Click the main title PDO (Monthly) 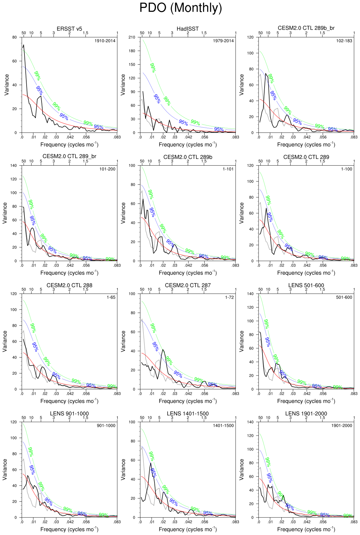[x=180, y=8]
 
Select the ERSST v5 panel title [x=69, y=29]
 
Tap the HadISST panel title [x=187, y=29]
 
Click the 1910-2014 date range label [x=105, y=41]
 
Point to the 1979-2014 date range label [x=223, y=41]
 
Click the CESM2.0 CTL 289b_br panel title [x=306, y=28]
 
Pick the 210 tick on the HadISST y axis [x=132, y=37]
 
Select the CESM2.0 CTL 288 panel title [x=69, y=285]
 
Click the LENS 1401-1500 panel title [x=187, y=413]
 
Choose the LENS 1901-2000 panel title [x=306, y=413]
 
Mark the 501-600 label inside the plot [x=344, y=297]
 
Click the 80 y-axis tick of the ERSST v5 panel [x=15, y=37]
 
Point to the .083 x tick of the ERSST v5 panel [x=117, y=137]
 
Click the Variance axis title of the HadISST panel [x=123, y=85]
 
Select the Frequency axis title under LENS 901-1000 [x=69, y=529]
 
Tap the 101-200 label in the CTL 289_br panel [x=107, y=169]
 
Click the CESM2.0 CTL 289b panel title [x=187, y=157]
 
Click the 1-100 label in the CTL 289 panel [x=347, y=169]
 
